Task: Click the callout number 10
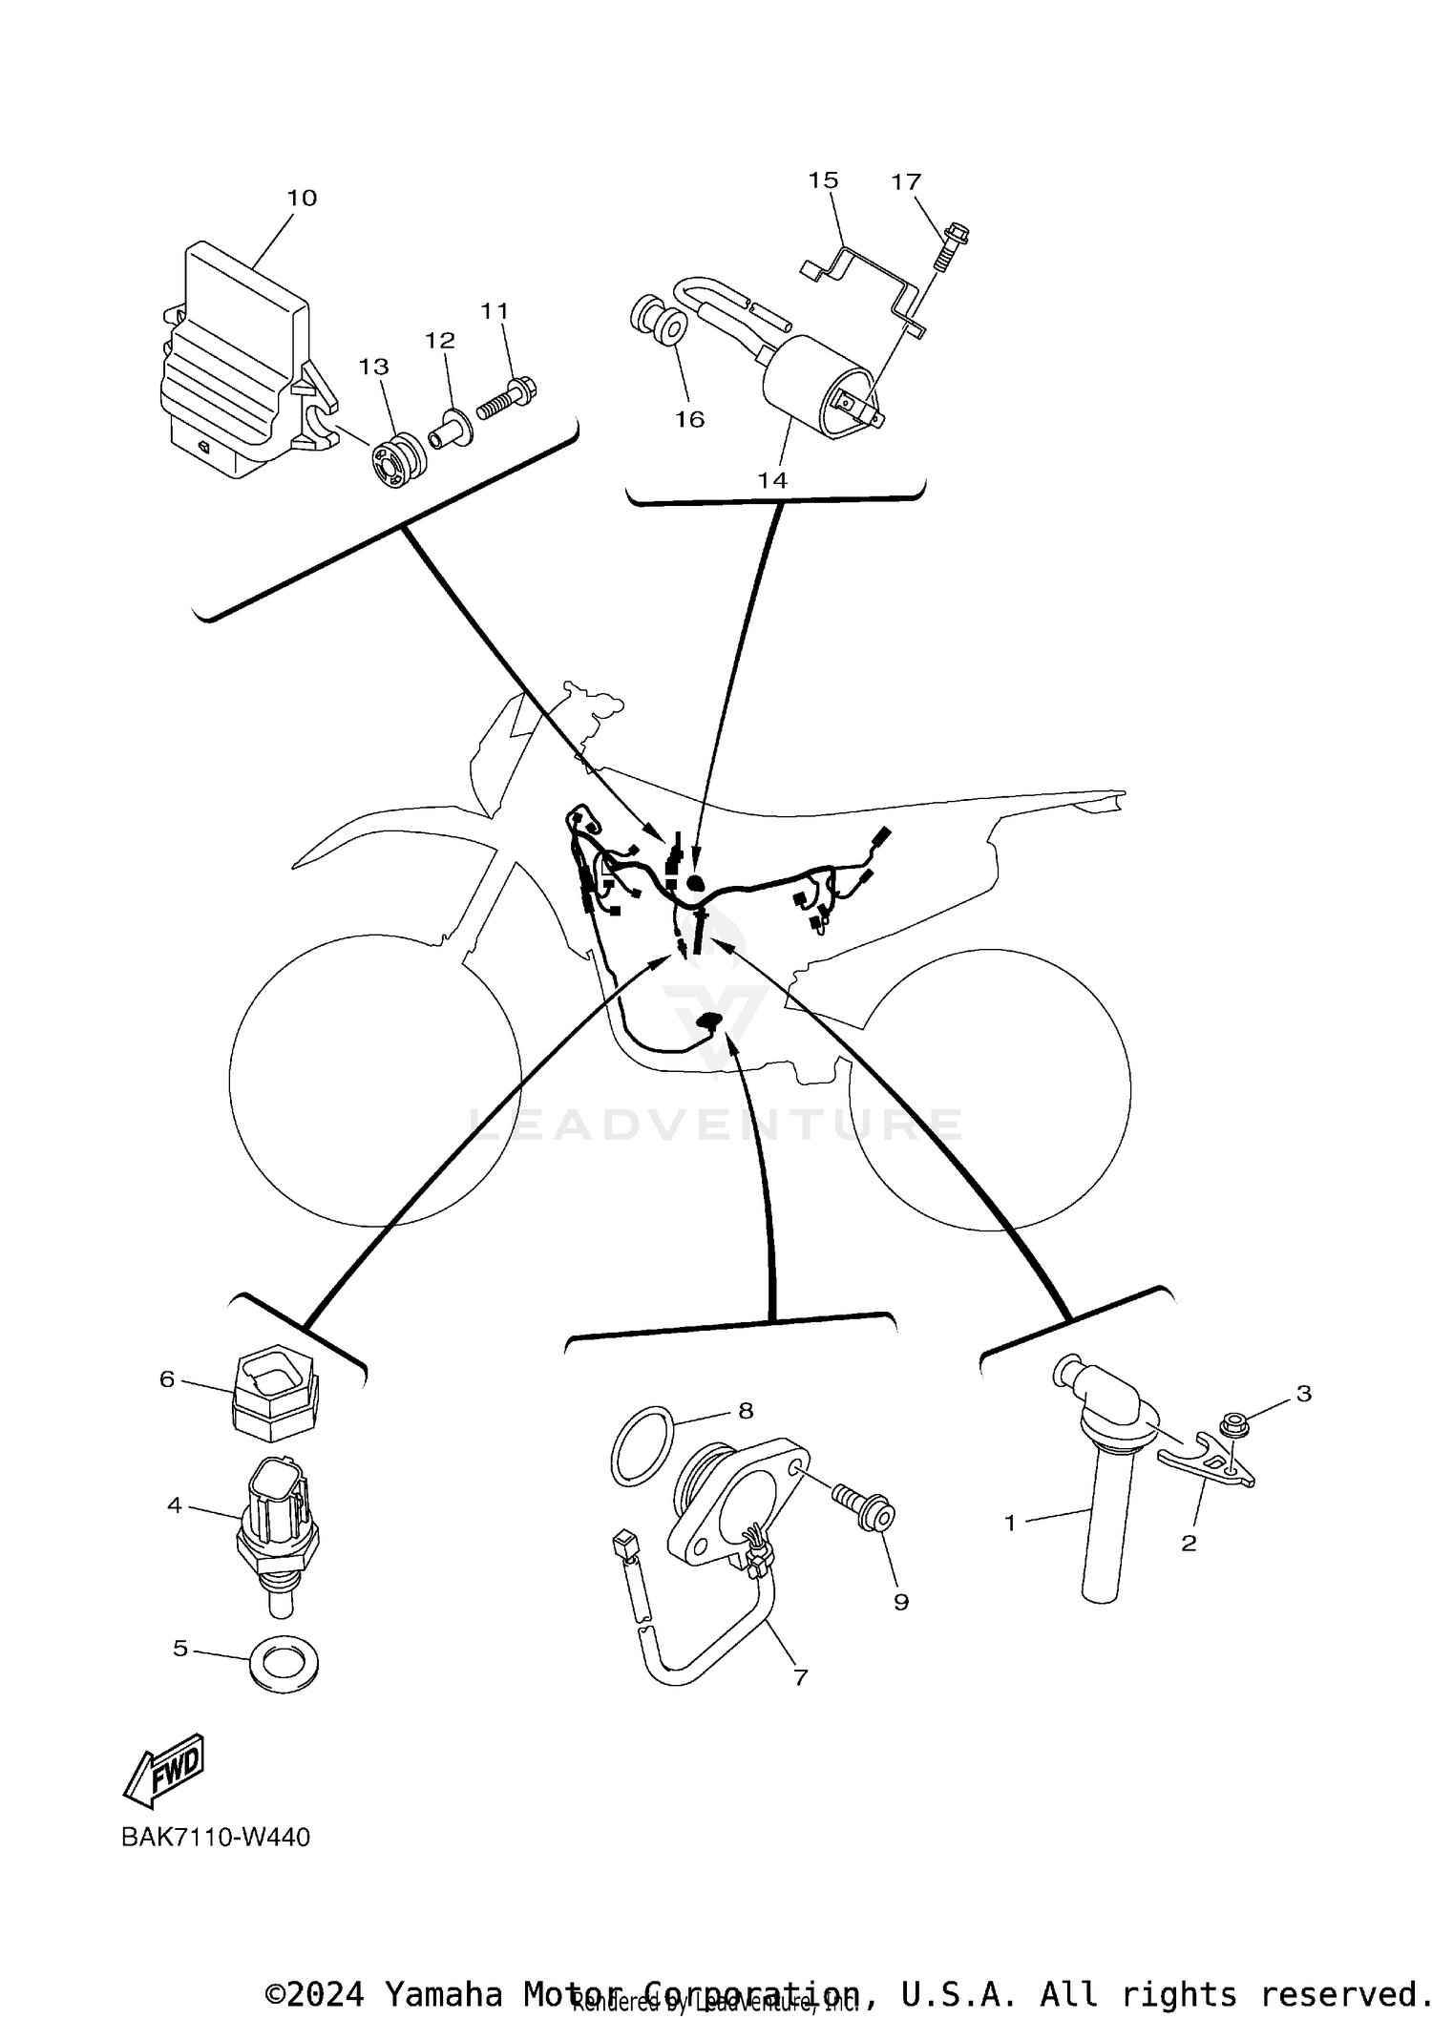(x=302, y=198)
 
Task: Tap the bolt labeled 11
(x=506, y=396)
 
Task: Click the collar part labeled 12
(x=447, y=428)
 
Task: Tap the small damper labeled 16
(x=659, y=323)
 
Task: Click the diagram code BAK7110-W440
(x=216, y=1837)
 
